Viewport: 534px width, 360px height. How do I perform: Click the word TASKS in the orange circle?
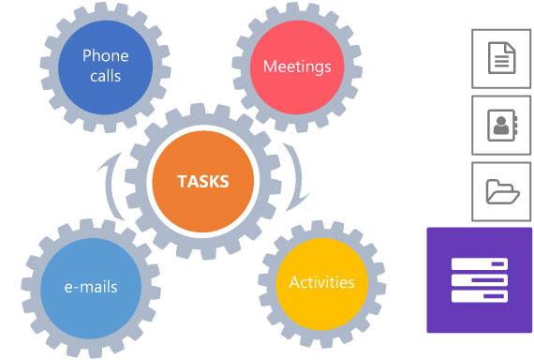[202, 181]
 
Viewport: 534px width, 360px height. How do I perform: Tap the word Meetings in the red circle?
[297, 67]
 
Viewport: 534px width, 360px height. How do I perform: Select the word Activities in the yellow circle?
[321, 282]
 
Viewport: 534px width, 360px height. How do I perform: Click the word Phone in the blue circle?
[105, 55]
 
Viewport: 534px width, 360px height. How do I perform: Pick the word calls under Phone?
[105, 75]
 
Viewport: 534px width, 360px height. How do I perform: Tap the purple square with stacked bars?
[479, 279]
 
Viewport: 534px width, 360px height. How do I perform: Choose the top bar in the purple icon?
[479, 263]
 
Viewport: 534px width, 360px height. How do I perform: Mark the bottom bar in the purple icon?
[479, 296]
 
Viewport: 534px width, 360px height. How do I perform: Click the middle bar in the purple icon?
[479, 279]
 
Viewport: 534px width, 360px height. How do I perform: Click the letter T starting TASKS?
[182, 181]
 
